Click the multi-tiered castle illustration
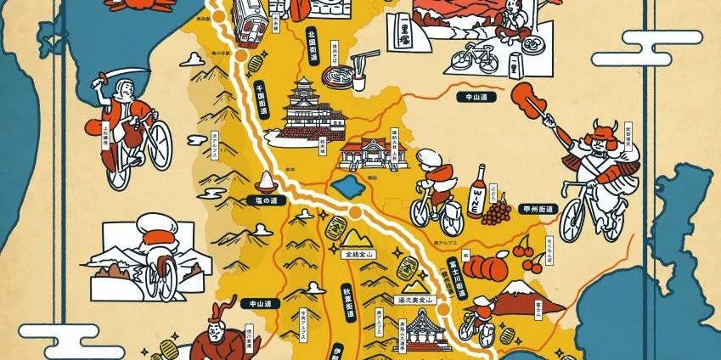tap(301, 110)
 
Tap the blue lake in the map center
tap(346, 185)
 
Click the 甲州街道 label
tap(538, 209)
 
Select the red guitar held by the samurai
tap(534, 104)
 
